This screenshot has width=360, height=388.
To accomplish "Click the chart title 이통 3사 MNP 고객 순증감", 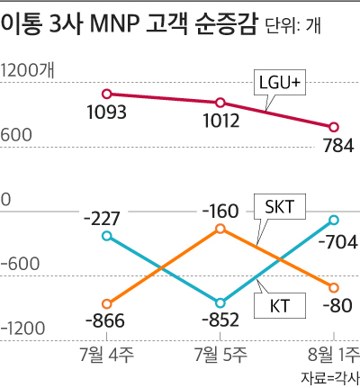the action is pyautogui.click(x=129, y=24).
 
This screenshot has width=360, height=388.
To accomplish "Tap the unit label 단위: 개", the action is pyautogui.click(x=293, y=25).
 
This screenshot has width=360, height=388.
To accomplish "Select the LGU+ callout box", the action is pyautogui.click(x=280, y=83).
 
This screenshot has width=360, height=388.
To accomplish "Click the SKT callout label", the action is pyautogui.click(x=280, y=207).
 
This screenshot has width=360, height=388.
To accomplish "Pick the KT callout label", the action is pyautogui.click(x=280, y=306).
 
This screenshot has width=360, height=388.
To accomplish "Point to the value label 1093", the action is pyautogui.click(x=106, y=113).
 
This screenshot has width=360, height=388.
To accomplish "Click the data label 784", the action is pyautogui.click(x=338, y=146).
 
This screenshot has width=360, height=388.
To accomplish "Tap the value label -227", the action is pyautogui.click(x=102, y=219).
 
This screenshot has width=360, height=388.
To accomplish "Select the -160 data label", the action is pyautogui.click(x=220, y=212).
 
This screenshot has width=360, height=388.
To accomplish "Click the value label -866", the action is pyautogui.click(x=105, y=320).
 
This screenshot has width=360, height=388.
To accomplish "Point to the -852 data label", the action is pyautogui.click(x=220, y=320).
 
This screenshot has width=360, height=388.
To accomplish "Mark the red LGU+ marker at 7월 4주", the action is pyautogui.click(x=107, y=94).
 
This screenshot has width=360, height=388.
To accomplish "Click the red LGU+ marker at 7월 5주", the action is pyautogui.click(x=220, y=103).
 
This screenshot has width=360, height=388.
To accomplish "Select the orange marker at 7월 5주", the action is pyautogui.click(x=220, y=229).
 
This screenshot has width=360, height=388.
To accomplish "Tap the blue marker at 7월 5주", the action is pyautogui.click(x=220, y=303).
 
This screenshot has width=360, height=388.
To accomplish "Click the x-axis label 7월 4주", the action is pyautogui.click(x=107, y=355).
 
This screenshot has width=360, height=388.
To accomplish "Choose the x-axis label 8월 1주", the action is pyautogui.click(x=334, y=355).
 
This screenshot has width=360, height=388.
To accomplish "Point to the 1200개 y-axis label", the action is pyautogui.click(x=28, y=71).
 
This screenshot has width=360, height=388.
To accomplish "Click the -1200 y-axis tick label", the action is pyautogui.click(x=22, y=329).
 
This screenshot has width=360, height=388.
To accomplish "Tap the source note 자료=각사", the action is pyautogui.click(x=330, y=378).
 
